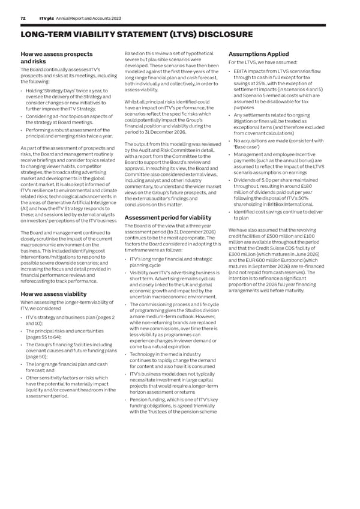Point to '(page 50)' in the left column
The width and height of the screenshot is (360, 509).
point(38,357)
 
